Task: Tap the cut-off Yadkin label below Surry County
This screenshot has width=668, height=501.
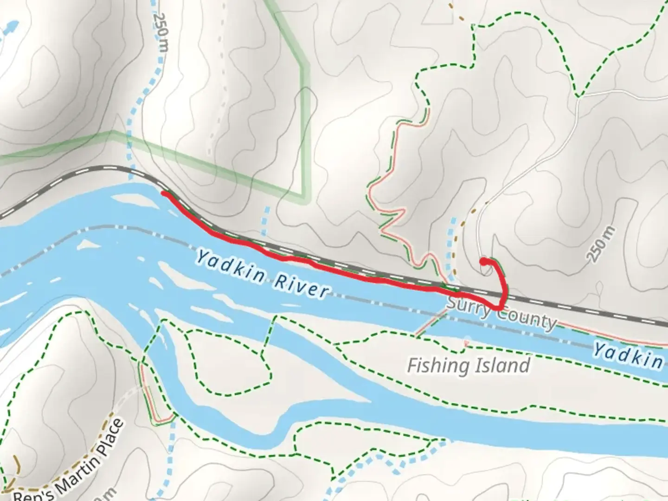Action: point(629,355)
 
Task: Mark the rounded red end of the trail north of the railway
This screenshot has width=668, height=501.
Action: point(483,262)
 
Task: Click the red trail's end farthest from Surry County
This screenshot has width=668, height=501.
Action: point(164,193)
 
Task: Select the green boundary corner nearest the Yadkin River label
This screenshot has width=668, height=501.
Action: point(304,197)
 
